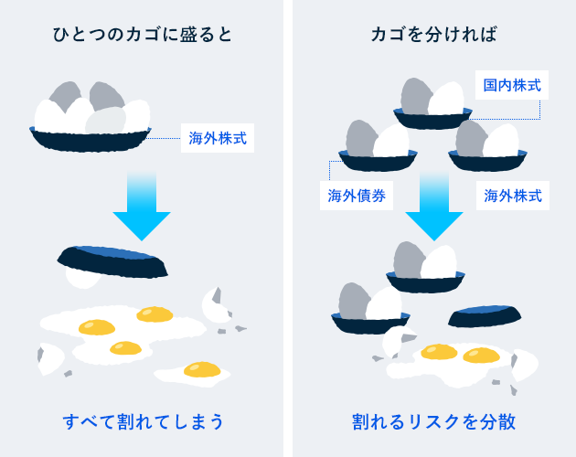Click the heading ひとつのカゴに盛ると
pos(142,35)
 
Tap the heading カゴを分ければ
pos(434,35)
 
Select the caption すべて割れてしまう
pos(144,421)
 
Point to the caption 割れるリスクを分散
pos(434,421)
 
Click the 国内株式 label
pos(512,85)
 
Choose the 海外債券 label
pos(357,196)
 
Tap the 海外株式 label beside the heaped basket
pos(218,138)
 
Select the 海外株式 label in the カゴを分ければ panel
pos(513,196)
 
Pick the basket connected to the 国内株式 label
pos(432,119)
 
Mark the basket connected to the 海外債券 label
pos(378,161)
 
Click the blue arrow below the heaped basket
pos(142,206)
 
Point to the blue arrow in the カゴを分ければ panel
pos(434,206)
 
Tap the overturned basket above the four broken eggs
pos(112,262)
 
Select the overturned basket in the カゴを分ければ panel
pos(485,316)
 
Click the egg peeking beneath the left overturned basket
pos(83,279)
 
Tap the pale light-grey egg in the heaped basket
pos(106,121)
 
